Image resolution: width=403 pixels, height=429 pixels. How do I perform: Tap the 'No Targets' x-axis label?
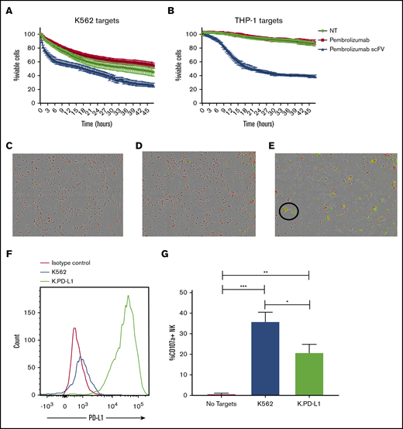pos(223,405)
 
